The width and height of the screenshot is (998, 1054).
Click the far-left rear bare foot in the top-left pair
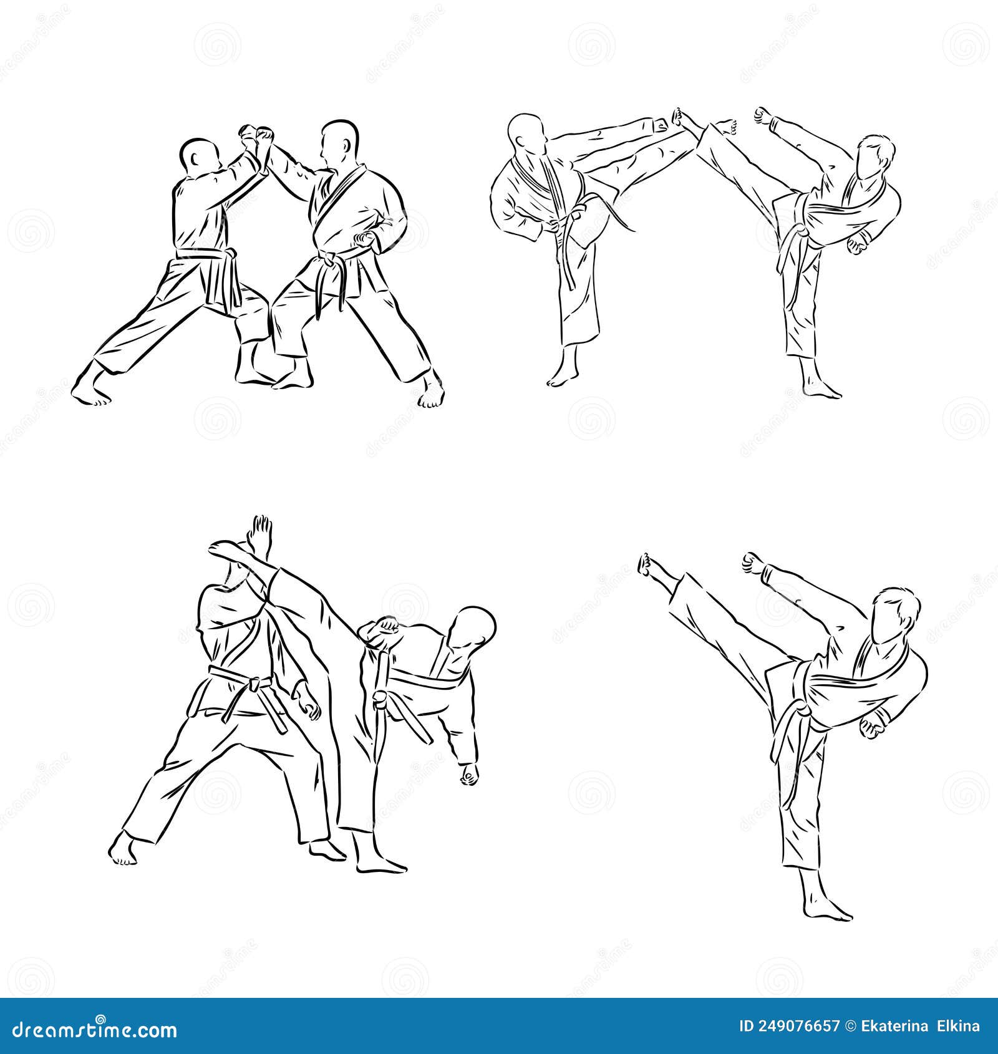[x=90, y=392]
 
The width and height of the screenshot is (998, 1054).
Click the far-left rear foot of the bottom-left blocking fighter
[x=124, y=849]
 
